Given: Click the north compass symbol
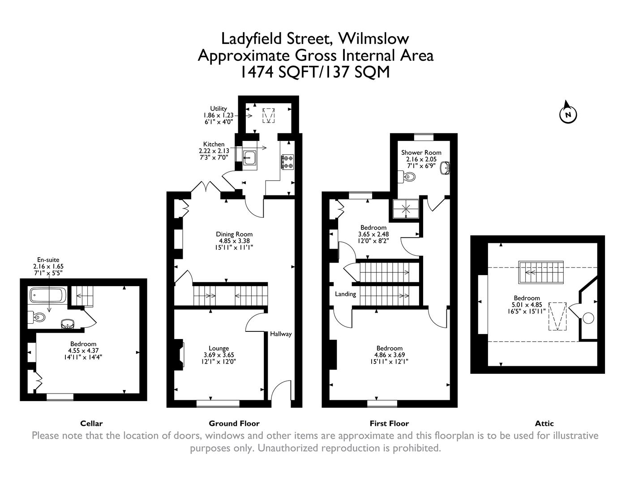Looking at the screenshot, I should tap(568, 114).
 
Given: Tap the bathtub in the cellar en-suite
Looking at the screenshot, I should tap(48, 295).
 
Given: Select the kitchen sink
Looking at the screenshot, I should tap(249, 157).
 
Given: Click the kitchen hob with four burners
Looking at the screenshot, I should tap(287, 161).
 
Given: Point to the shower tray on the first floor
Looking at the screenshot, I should tap(407, 208).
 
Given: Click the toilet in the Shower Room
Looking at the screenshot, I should tap(409, 178).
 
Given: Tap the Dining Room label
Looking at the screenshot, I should tap(234, 234).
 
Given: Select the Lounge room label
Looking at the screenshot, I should tap(219, 348).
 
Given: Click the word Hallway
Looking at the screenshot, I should tap(281, 334).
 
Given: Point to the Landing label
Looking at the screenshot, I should tap(345, 294).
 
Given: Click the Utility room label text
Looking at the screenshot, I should tap(219, 108).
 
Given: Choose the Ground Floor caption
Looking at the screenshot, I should tap(234, 423).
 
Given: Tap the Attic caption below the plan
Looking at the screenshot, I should tap(544, 423).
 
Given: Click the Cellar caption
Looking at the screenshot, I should tap(91, 423).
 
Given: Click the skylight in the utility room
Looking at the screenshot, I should tap(269, 115).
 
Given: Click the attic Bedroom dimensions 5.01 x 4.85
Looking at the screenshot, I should tap(527, 305).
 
